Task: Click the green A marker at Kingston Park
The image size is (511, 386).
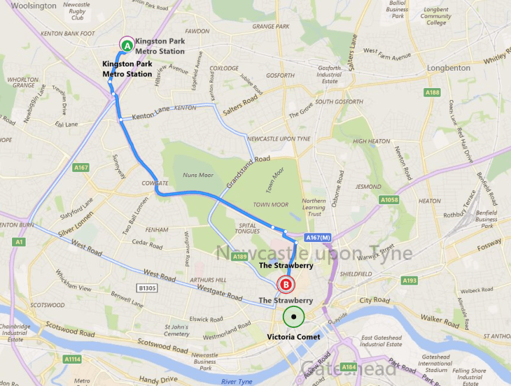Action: tap(127, 45)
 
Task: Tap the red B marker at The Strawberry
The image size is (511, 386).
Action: tap(286, 285)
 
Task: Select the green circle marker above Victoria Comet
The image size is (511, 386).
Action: tap(294, 317)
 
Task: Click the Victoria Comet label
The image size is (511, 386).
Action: tap(294, 336)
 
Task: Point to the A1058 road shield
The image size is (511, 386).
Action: tap(390, 200)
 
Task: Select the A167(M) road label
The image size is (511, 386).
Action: tap(313, 239)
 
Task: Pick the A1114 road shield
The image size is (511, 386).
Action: tap(71, 359)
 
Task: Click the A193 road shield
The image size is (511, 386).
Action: tap(409, 280)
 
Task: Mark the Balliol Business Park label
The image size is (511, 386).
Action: tap(398, 10)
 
